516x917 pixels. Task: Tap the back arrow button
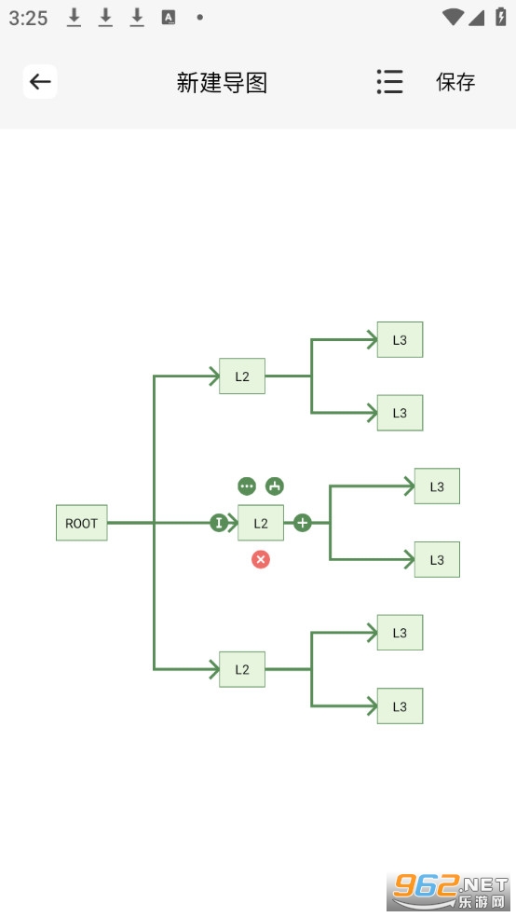[40, 81]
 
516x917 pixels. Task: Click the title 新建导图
[222, 82]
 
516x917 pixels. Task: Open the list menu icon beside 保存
[389, 82]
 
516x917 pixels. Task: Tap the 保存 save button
[455, 82]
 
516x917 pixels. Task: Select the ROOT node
[82, 523]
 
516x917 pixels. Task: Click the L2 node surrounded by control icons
[261, 523]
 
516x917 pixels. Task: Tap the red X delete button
[261, 560]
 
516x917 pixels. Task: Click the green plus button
[302, 523]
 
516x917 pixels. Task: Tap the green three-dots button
[247, 486]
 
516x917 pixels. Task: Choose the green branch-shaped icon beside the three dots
[275, 486]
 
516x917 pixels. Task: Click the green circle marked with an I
[219, 523]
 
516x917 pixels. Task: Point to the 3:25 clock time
[28, 18]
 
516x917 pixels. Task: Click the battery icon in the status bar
[501, 17]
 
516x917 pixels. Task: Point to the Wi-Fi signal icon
[453, 17]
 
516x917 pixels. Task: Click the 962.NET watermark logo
[449, 891]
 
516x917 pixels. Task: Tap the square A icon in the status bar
[169, 18]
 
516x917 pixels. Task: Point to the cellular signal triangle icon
[476, 18]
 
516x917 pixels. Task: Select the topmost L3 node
[400, 340]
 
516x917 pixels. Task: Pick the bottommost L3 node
[400, 705]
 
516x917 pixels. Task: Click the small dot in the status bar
[200, 18]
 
